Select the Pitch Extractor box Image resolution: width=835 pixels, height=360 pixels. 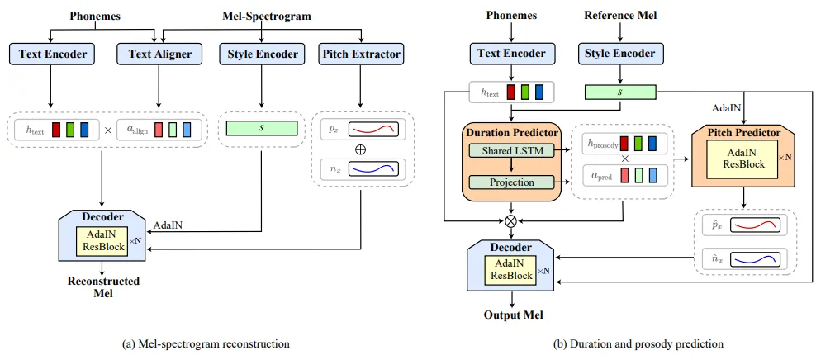(x=359, y=55)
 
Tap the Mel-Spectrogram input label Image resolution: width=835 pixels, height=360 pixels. (x=263, y=16)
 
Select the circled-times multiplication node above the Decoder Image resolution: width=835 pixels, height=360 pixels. (x=510, y=221)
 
